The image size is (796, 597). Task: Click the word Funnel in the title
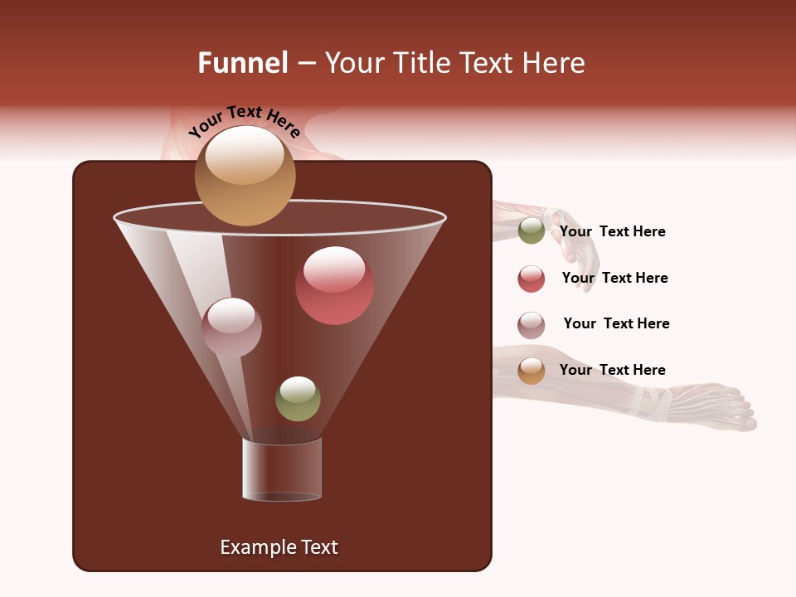(x=242, y=63)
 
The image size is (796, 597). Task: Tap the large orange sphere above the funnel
(x=245, y=175)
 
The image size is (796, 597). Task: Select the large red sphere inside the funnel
(x=334, y=285)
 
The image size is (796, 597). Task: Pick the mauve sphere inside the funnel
(x=231, y=327)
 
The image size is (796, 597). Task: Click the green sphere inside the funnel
(x=298, y=399)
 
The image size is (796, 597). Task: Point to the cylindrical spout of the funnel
(x=282, y=469)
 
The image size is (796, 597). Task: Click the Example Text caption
(x=279, y=547)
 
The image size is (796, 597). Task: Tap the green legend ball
(x=531, y=231)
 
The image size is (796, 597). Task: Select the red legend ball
(x=531, y=279)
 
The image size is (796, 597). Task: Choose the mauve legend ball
(x=531, y=325)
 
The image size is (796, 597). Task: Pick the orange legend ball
(x=531, y=371)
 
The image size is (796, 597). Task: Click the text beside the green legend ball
(x=612, y=231)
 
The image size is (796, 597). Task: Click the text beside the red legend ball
(x=614, y=278)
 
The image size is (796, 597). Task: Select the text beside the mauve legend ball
(x=616, y=323)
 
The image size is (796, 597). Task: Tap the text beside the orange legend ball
(x=612, y=370)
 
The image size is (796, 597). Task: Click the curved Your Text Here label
(x=244, y=121)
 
